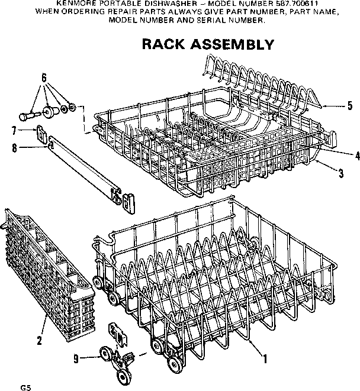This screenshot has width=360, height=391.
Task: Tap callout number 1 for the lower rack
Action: click(265, 358)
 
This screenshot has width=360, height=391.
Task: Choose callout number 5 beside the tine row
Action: click(349, 106)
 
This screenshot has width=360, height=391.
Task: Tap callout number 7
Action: click(14, 130)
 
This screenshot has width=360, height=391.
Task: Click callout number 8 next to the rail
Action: click(14, 148)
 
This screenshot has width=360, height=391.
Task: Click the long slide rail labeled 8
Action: click(89, 169)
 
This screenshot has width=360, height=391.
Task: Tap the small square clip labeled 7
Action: click(40, 133)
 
